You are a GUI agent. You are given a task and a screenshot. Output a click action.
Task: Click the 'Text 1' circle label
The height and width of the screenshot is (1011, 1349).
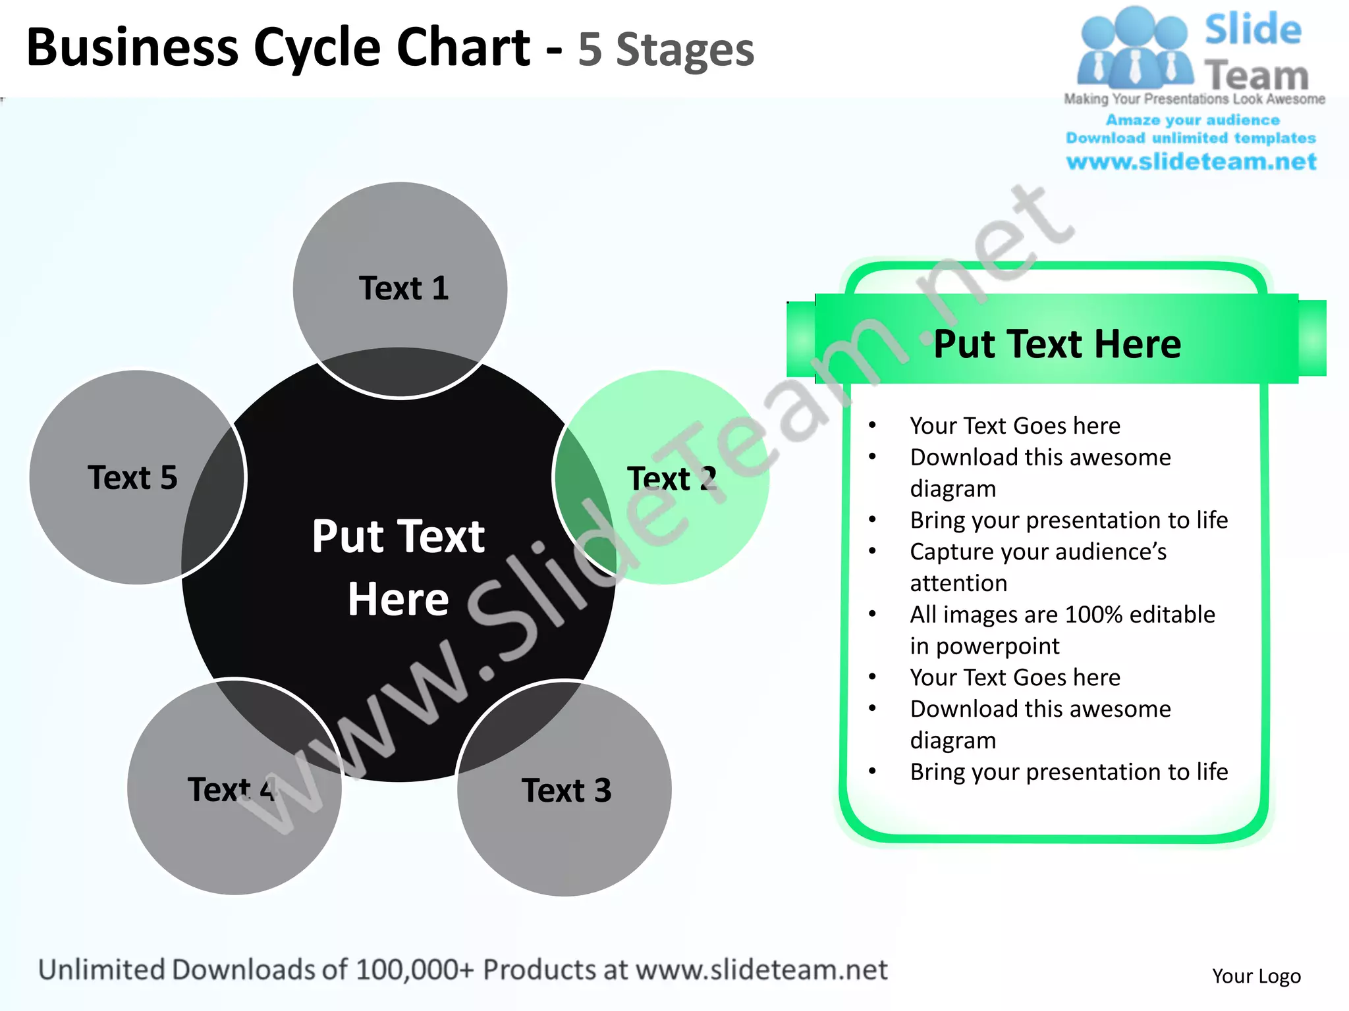403,288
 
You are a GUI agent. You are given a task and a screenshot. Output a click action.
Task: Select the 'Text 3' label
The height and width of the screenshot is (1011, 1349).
566,790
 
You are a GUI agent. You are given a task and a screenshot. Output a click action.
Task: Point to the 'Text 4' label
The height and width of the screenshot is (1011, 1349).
231,789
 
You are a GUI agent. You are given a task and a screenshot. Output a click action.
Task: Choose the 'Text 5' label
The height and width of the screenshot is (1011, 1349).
132,477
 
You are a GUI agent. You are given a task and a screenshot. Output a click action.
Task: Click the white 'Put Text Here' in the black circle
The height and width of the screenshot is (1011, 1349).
399,567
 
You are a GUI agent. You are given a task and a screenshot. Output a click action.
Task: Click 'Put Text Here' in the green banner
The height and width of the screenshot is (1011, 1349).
1057,344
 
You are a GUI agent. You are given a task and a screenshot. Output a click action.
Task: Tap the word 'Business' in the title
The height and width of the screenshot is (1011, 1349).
132,47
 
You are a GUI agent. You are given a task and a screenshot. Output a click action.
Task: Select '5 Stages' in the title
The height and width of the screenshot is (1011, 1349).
665,50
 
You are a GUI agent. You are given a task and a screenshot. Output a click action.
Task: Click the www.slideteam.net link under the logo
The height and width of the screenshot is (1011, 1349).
1191,161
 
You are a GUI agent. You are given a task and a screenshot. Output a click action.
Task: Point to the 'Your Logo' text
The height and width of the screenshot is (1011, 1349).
1256,975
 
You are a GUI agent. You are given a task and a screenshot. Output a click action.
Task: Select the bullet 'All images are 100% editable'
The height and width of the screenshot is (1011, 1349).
1062,614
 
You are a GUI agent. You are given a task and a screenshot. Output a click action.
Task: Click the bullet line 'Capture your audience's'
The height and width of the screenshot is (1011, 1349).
1038,552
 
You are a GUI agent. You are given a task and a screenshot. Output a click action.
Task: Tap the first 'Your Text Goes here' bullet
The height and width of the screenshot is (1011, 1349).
1014,426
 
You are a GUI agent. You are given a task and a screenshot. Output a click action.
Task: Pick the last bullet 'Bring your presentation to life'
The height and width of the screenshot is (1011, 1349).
1068,771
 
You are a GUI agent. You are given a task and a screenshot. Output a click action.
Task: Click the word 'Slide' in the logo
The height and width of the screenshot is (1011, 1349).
1253,30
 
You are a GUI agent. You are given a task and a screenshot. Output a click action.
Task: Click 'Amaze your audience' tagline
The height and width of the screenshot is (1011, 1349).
1192,120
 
